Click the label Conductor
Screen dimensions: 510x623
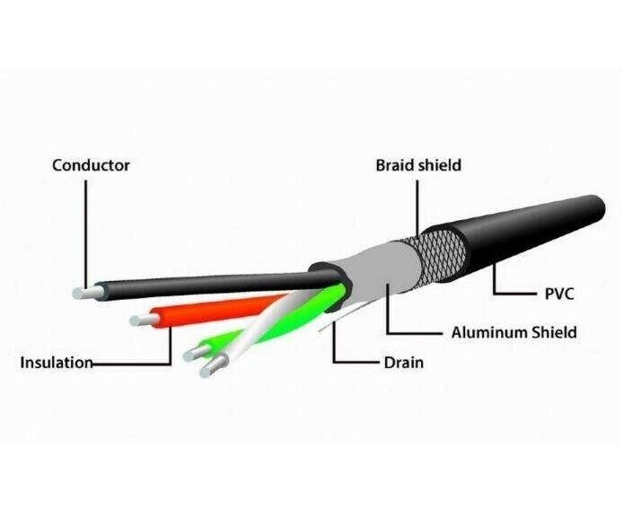(91, 165)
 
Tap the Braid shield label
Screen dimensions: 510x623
(417, 165)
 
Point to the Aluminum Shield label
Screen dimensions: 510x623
(513, 332)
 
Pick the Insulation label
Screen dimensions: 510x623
(56, 363)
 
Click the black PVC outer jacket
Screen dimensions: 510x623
(530, 211)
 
